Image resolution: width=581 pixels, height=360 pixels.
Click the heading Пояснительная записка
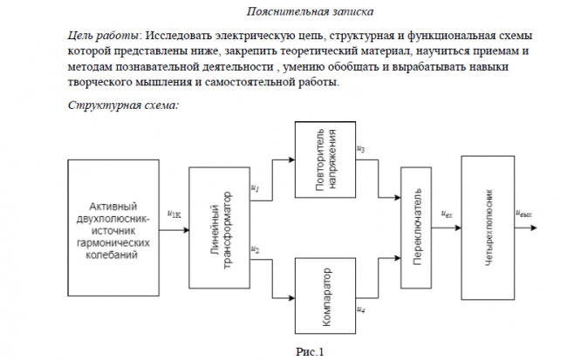(x=310, y=11)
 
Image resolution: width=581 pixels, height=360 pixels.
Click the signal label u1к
(x=174, y=214)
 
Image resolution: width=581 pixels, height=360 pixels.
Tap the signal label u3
(x=360, y=149)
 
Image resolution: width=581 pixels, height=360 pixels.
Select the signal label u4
(x=360, y=309)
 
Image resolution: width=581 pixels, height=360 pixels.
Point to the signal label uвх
(x=447, y=214)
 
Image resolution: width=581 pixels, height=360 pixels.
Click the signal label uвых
(x=523, y=214)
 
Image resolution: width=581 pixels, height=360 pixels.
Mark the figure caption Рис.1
(x=310, y=351)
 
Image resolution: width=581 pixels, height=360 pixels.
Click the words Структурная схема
(x=123, y=105)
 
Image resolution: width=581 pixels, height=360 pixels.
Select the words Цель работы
(x=103, y=36)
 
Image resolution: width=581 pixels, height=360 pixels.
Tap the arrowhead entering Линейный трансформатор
(x=186, y=230)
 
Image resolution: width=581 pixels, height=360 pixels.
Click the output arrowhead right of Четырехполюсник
(x=534, y=228)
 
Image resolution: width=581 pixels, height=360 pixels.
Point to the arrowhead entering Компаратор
(x=291, y=298)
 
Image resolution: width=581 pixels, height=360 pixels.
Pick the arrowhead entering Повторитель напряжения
(x=291, y=160)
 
